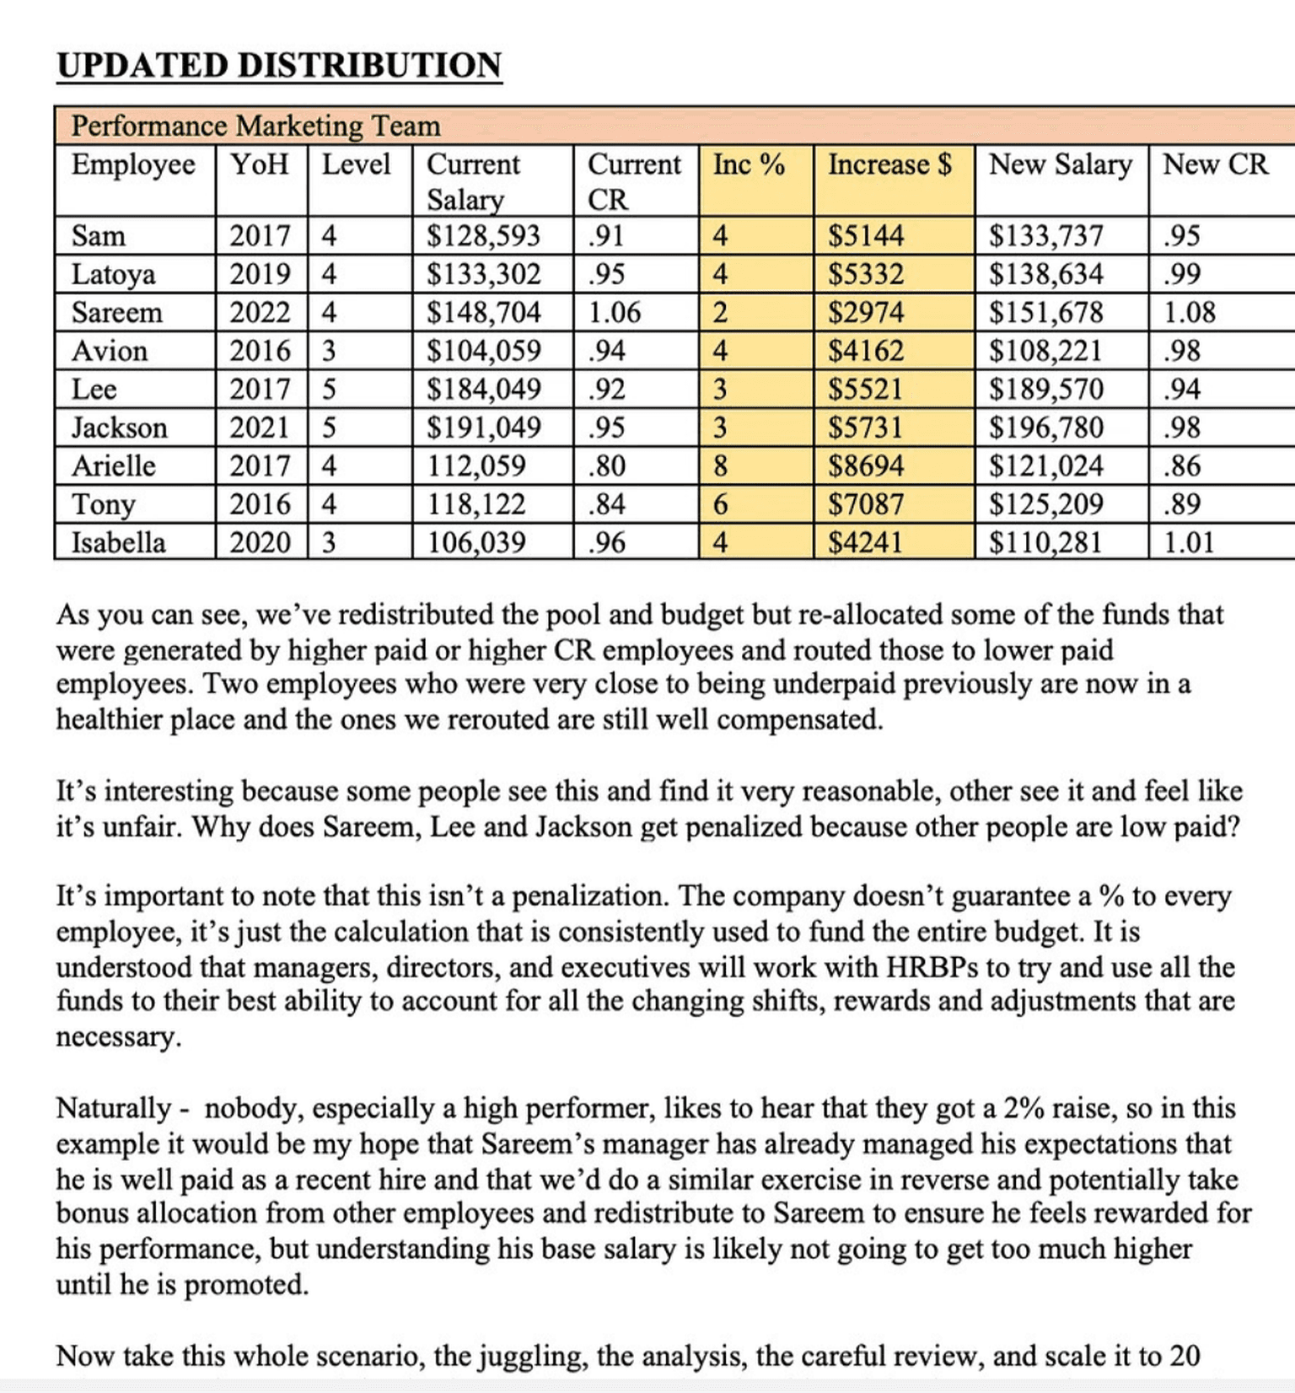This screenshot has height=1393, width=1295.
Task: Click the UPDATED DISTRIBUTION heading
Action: pos(279,66)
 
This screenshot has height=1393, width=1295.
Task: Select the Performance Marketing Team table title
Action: pos(255,126)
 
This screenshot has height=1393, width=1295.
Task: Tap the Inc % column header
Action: pos(749,164)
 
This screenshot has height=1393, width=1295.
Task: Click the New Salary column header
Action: pos(1060,164)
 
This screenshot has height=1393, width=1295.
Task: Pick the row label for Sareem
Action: pos(116,313)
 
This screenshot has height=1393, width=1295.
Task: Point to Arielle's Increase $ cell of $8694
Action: pos(866,465)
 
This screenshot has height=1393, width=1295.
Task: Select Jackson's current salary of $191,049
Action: pos(483,428)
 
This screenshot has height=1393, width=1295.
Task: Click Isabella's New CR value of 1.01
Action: pos(1189,542)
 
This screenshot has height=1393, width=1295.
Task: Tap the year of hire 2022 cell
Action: pos(260,313)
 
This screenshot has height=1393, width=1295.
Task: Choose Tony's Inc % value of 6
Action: pos(720,504)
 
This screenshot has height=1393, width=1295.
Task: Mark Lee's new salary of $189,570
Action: pos(1045,390)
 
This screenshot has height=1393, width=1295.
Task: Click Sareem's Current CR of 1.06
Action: pos(614,313)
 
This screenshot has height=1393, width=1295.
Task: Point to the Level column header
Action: pos(356,164)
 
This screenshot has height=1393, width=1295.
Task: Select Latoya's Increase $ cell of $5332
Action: pos(866,274)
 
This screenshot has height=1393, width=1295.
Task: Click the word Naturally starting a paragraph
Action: pos(114,1108)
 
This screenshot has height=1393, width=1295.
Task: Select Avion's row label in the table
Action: pos(110,351)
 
